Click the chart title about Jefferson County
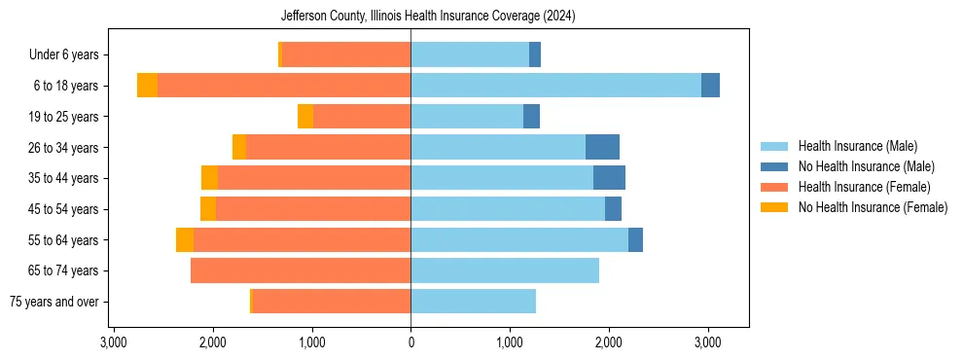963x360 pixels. coord(428,17)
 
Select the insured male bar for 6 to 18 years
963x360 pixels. coord(555,86)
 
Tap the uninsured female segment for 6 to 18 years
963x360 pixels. coord(147,86)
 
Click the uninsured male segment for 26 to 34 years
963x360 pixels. coord(602,147)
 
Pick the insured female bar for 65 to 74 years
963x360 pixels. coord(301,270)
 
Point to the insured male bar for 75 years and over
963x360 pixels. coord(473,302)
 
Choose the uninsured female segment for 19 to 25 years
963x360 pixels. coord(305,117)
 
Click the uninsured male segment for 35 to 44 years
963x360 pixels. coord(609,178)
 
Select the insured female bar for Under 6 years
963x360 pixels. coord(346,54)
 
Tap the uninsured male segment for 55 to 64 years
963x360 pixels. coord(635,239)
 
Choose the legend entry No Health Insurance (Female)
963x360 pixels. coord(872,207)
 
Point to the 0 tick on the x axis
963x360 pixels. coord(410,342)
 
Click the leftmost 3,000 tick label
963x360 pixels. coord(113,342)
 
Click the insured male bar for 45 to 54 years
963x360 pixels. coord(507,209)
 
